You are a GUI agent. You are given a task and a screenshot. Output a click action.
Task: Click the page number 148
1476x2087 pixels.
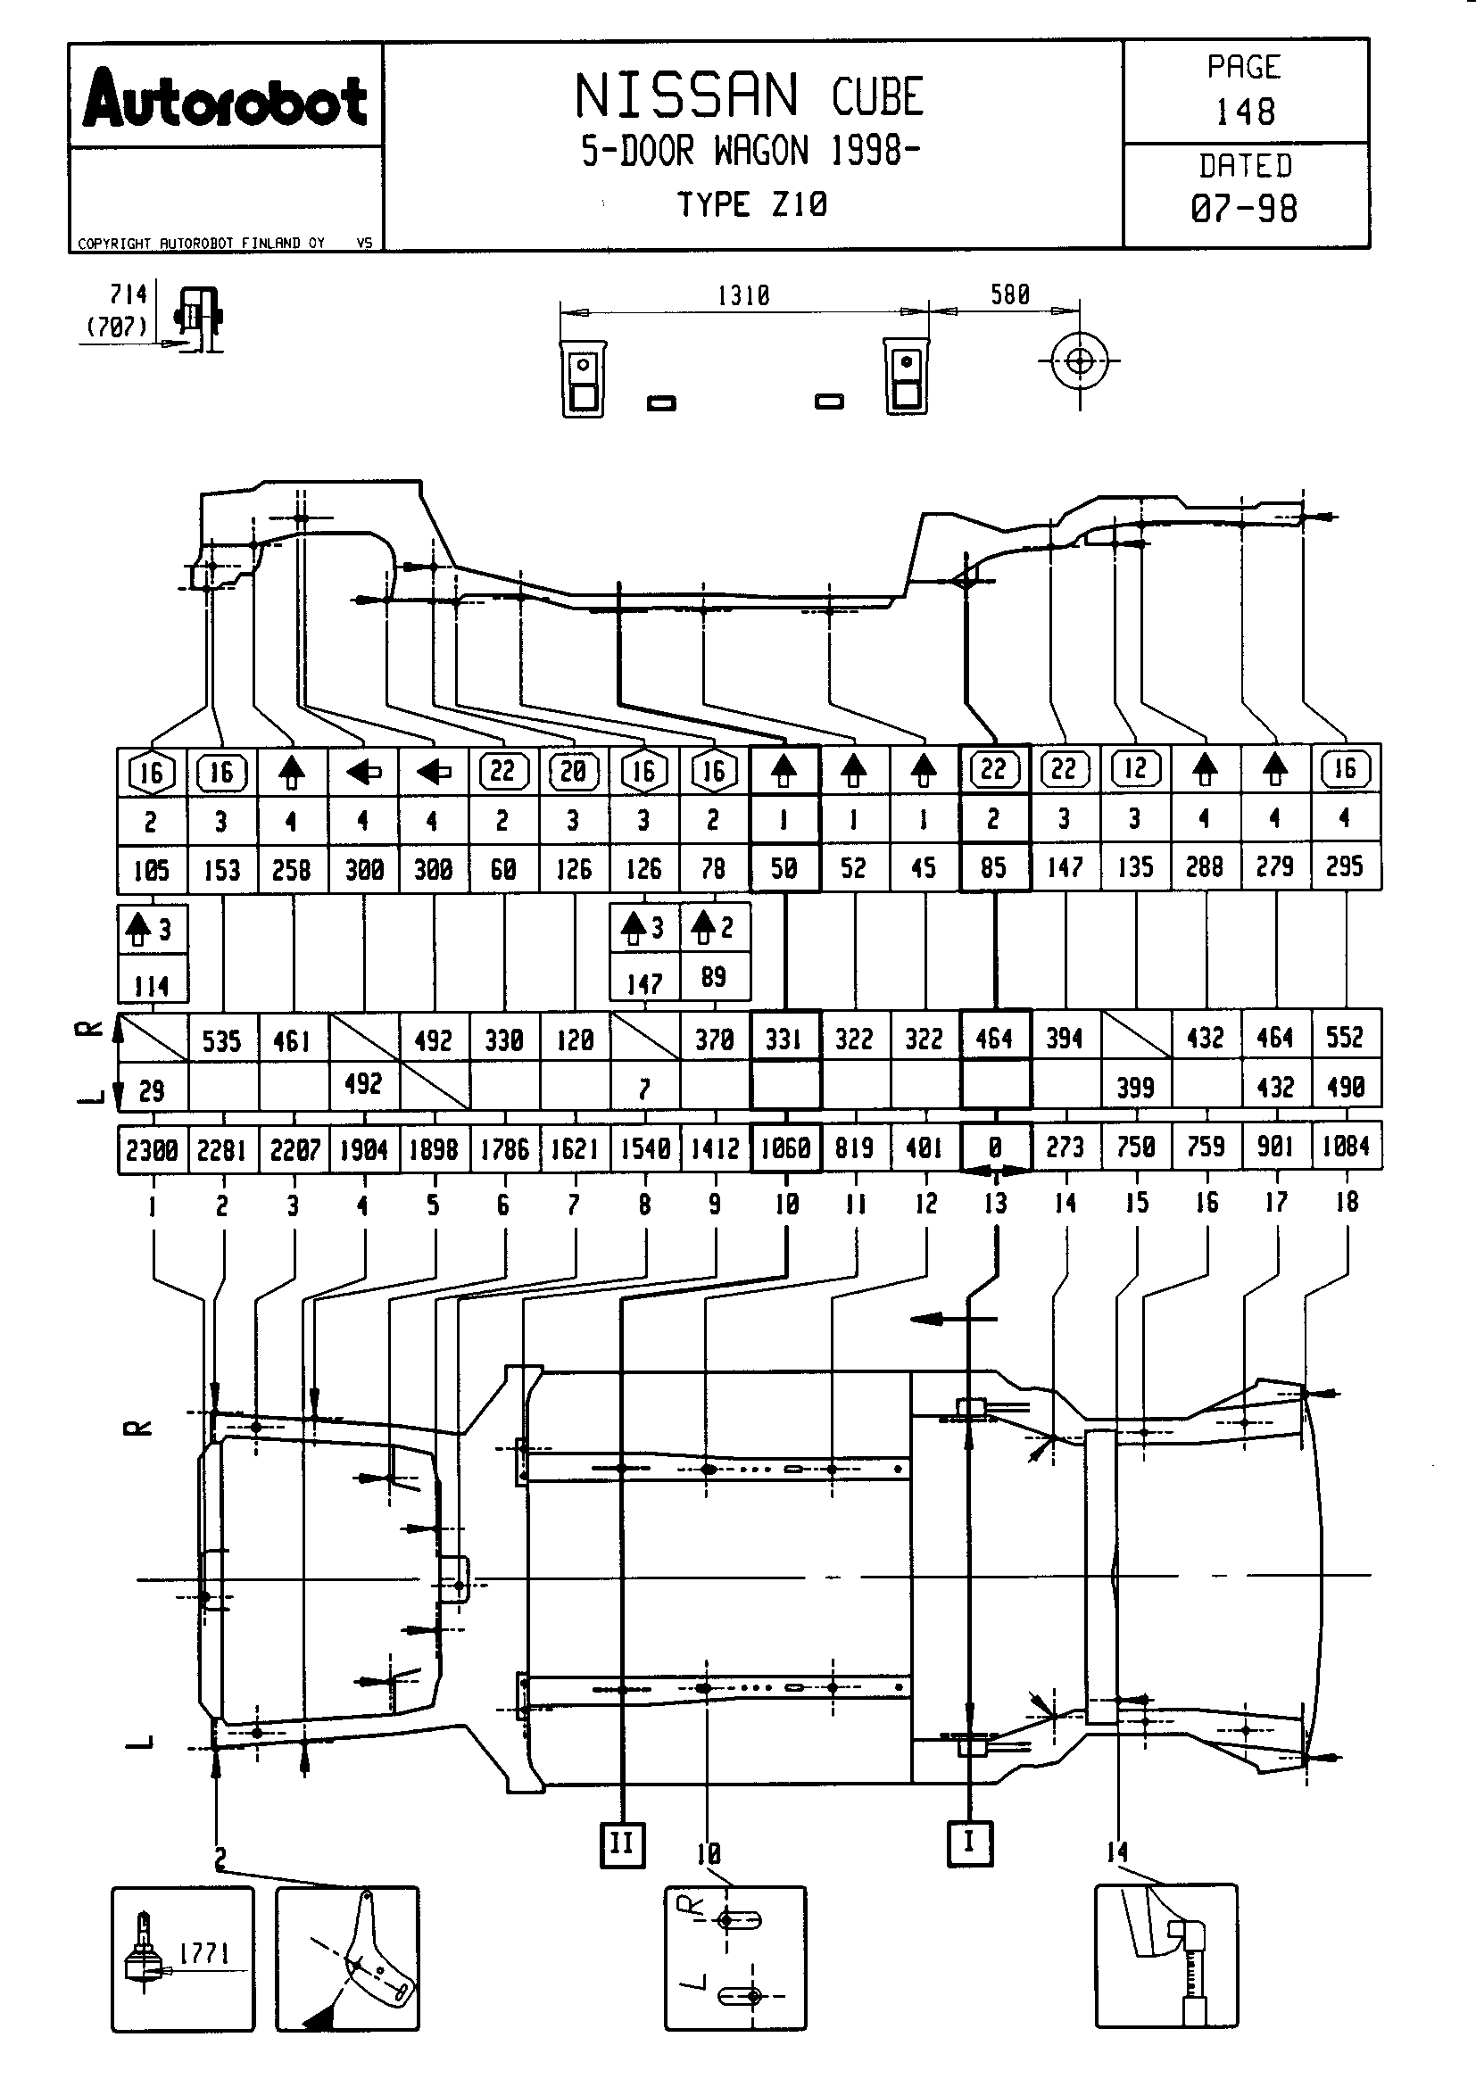click(1245, 112)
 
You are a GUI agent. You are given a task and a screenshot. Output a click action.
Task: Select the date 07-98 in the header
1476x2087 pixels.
click(1244, 208)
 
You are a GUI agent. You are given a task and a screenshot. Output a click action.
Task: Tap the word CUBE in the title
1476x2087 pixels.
click(877, 96)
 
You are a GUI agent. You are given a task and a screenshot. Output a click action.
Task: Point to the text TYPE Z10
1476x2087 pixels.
click(751, 204)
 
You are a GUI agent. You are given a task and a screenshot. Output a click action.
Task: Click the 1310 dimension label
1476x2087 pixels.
click(742, 295)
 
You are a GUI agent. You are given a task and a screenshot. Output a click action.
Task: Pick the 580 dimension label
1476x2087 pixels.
click(1010, 294)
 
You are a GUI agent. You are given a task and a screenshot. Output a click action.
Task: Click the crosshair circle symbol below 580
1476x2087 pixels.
click(1080, 361)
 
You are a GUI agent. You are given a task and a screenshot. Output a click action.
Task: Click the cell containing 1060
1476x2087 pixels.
click(785, 1149)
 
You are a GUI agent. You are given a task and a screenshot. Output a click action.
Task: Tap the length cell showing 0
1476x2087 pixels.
click(995, 1148)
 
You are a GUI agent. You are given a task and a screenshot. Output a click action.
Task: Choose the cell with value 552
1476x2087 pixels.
click(1345, 1038)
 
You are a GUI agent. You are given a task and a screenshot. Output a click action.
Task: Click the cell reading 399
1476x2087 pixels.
click(1135, 1087)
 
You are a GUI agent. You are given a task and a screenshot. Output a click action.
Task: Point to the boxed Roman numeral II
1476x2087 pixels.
click(623, 1844)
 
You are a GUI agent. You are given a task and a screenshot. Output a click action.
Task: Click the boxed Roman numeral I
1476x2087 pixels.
click(969, 1843)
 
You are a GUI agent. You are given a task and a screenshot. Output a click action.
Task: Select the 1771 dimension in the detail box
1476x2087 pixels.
click(204, 1952)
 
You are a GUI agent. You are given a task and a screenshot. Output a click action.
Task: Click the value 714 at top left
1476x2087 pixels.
click(129, 294)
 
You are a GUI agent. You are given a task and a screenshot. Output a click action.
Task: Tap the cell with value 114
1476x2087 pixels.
click(152, 985)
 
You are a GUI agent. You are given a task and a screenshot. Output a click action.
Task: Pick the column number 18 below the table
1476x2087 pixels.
click(1346, 1202)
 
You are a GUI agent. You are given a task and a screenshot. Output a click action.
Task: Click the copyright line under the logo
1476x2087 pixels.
click(201, 243)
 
